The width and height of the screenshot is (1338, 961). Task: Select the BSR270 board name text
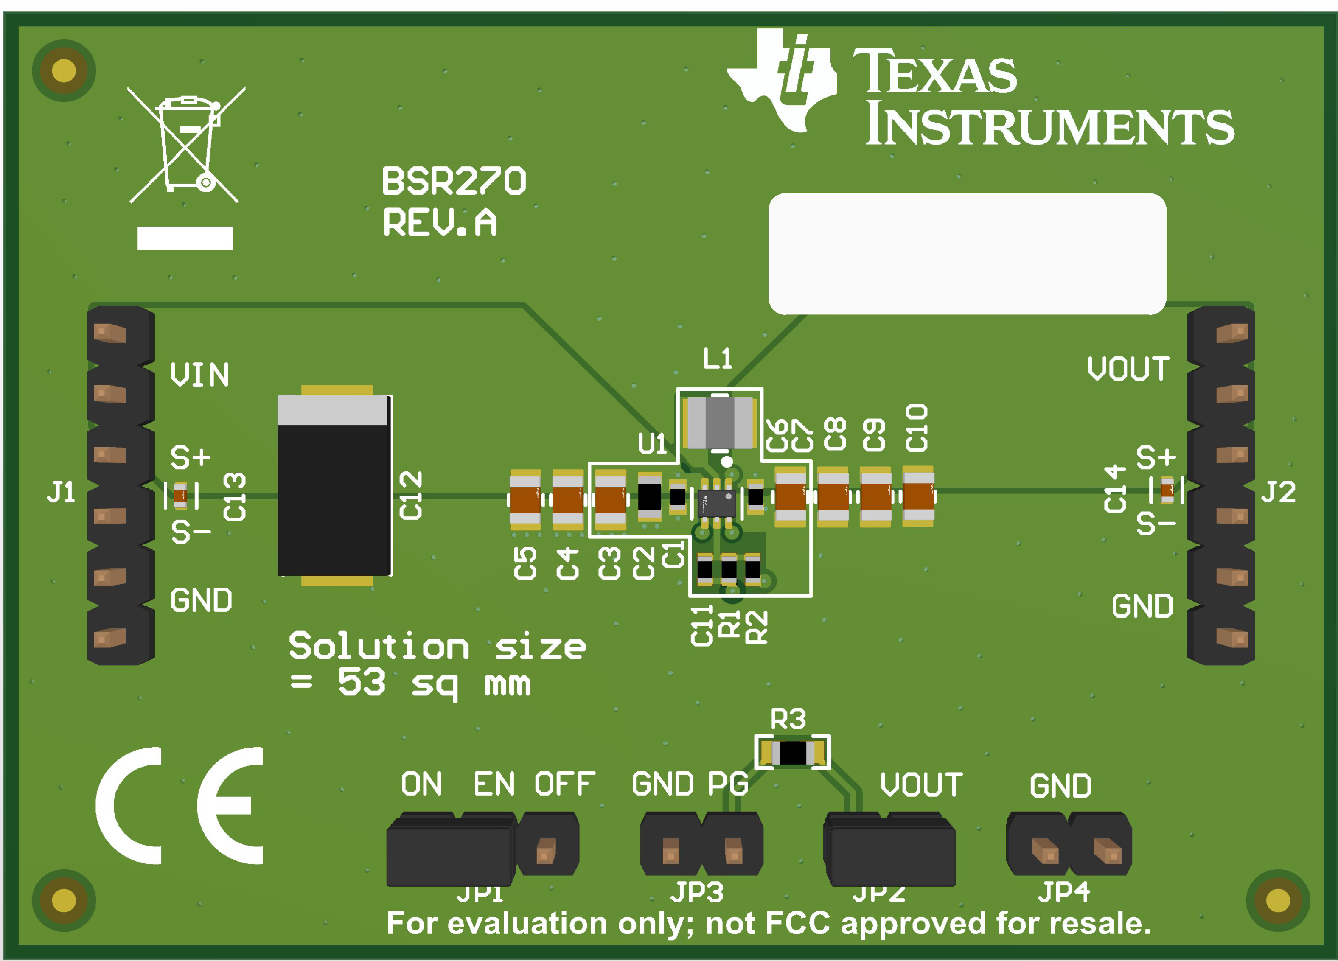[x=453, y=181]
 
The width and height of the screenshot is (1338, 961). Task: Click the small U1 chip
[x=717, y=503]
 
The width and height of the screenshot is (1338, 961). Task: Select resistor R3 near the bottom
[x=793, y=753]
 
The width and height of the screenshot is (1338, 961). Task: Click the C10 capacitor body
[x=919, y=496]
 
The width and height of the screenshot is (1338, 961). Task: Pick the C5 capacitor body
[x=525, y=499]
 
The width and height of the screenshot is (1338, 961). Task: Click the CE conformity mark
[x=180, y=805]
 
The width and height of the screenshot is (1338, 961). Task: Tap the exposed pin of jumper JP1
[x=546, y=851]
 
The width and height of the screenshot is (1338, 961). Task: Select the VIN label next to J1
[x=199, y=375]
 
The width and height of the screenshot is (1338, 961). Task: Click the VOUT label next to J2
[x=1128, y=369]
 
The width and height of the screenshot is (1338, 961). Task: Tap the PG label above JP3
[x=727, y=784]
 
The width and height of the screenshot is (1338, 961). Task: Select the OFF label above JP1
[x=564, y=784]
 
